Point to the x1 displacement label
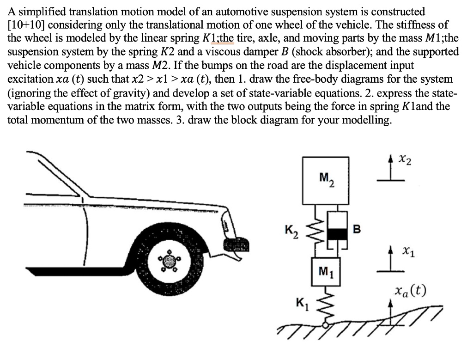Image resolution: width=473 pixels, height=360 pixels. click(407, 252)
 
